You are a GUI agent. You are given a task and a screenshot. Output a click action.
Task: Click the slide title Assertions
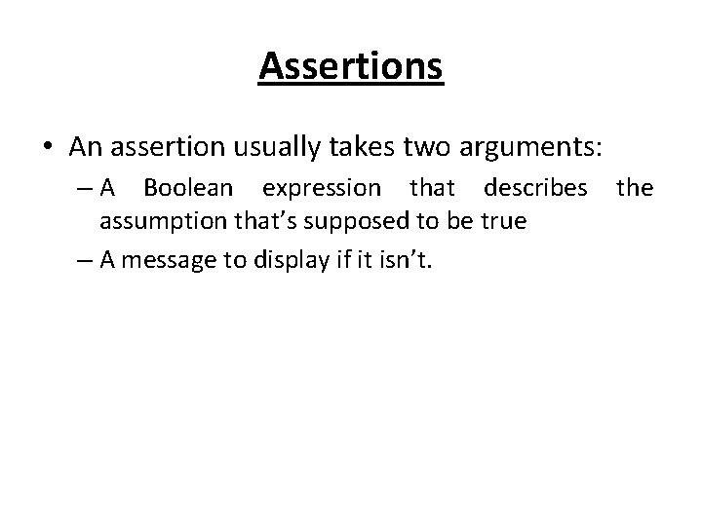click(x=351, y=67)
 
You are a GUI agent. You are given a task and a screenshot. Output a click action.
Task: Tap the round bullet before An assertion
click(x=49, y=148)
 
